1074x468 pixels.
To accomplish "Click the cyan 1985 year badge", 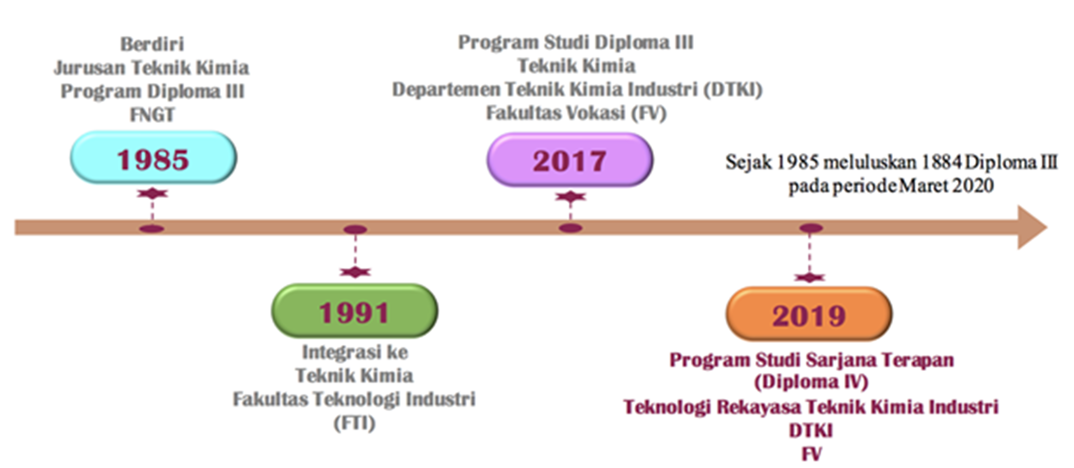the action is (x=153, y=158).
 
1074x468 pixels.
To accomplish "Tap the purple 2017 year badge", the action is (x=570, y=159).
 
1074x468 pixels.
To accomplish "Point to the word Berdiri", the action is (x=152, y=44).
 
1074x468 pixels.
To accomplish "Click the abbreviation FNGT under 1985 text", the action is (x=152, y=114).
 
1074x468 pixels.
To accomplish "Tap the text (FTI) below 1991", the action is (x=355, y=423).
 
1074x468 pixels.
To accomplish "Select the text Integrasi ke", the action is (x=355, y=352).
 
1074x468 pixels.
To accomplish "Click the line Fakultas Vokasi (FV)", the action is (x=576, y=113).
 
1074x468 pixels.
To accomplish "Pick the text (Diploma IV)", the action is (x=811, y=382).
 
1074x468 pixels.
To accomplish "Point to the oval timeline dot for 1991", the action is (x=355, y=230).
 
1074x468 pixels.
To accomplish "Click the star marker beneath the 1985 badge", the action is (x=152, y=193).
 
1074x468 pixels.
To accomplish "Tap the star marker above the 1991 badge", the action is (x=355, y=272).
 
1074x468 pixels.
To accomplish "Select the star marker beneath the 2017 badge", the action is (x=570, y=196).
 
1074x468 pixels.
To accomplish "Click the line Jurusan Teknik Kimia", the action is (x=152, y=68).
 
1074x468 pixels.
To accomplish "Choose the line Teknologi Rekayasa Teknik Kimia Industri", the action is (x=811, y=407).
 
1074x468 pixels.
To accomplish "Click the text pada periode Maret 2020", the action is (x=891, y=186).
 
